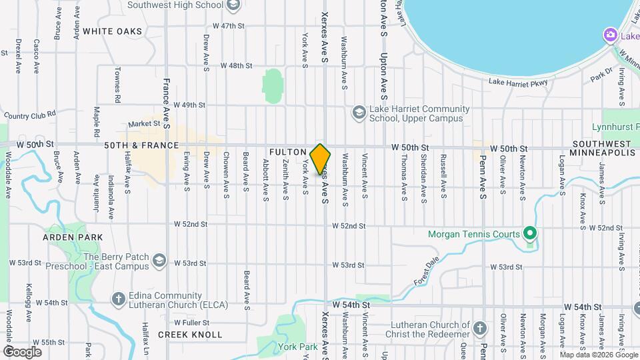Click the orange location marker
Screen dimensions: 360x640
321,159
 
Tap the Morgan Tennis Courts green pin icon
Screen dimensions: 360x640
529,233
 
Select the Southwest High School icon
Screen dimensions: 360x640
233,5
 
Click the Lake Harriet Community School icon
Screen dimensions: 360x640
359,112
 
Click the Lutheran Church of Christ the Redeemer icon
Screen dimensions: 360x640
480,327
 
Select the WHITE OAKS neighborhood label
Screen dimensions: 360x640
113,31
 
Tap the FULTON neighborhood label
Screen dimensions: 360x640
287,152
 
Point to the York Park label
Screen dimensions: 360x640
298,347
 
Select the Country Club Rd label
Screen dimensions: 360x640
30,115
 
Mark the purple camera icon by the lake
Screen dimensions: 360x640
609,35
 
